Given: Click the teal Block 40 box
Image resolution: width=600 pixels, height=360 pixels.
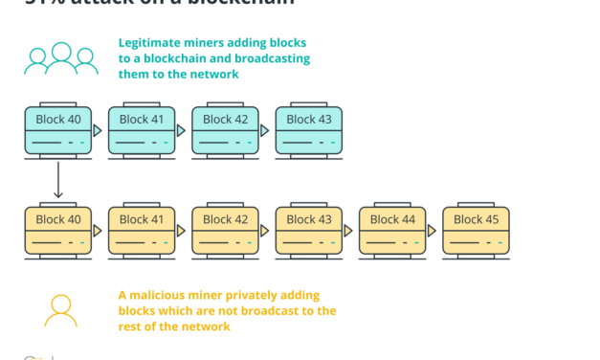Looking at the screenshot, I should (57, 131).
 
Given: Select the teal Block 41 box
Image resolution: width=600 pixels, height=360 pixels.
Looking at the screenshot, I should (142, 131).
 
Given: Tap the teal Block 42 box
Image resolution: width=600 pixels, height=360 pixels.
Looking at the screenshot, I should (225, 131).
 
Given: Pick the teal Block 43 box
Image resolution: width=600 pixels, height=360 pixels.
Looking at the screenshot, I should (308, 131).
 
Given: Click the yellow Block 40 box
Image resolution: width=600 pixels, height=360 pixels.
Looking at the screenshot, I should (57, 231).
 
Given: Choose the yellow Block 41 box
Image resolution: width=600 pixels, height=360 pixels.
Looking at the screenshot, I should (142, 231).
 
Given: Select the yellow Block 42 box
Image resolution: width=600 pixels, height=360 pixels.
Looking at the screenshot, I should (225, 231).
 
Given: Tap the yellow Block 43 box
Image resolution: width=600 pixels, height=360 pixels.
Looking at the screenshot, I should (308, 231).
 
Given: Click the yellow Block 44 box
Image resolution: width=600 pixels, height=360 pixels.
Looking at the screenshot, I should (392, 231).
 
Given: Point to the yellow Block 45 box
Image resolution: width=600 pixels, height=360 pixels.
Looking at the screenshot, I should (476, 231).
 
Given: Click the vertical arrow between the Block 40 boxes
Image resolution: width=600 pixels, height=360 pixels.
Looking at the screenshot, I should (57, 179).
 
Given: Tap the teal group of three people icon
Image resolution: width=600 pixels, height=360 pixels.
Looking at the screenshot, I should (61, 58).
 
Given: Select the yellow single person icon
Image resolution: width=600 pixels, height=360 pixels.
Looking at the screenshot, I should (61, 308).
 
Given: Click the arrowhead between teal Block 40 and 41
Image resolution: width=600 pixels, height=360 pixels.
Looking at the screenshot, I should (99, 130).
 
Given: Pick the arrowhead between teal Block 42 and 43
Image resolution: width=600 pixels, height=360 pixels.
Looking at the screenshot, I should (266, 130).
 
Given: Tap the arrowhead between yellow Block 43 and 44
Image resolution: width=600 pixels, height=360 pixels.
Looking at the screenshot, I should (349, 230).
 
